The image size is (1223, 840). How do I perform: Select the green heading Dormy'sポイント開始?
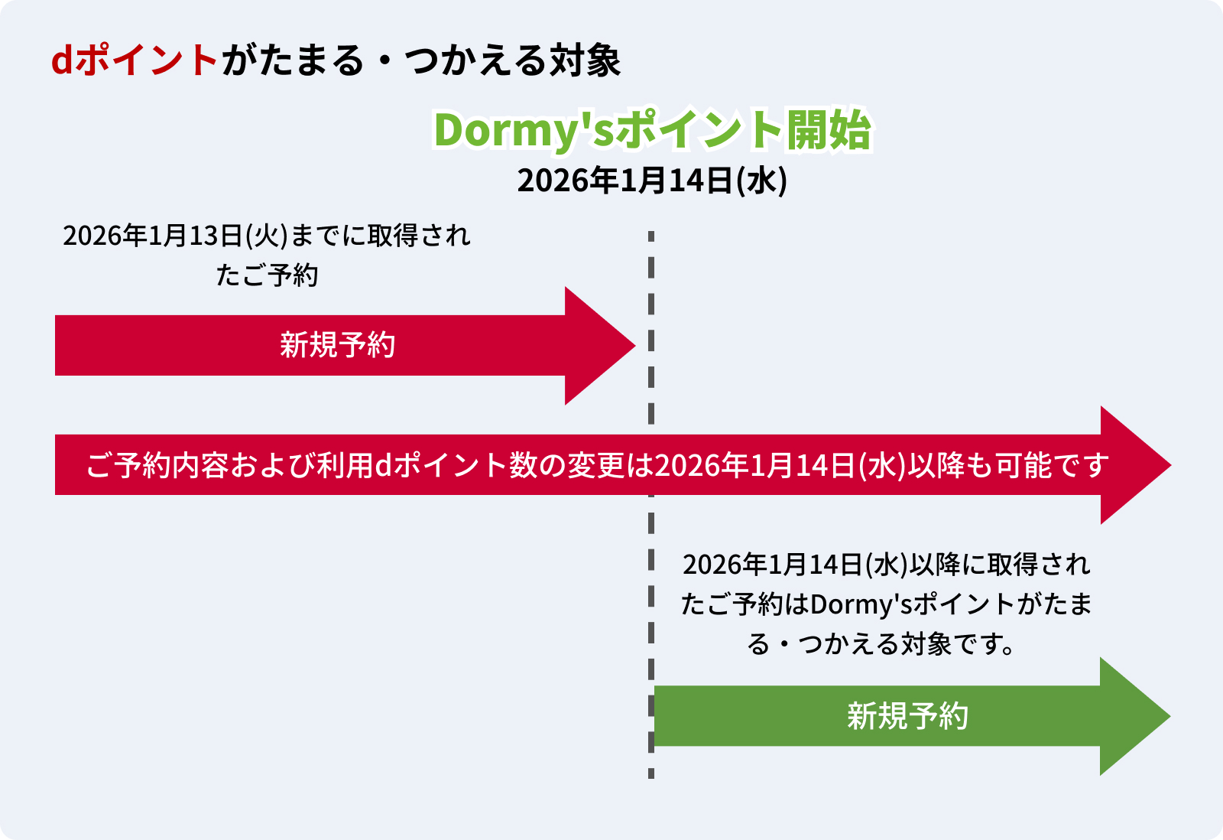[652, 130]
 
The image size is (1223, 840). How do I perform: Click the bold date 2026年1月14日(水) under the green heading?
[652, 181]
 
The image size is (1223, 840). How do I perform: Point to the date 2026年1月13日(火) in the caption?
[174, 236]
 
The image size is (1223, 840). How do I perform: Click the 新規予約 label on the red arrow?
[337, 345]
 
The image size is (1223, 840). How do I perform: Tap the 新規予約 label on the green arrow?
[907, 716]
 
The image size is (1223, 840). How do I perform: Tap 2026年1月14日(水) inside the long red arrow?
[780, 465]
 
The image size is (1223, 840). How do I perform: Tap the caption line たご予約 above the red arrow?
[267, 275]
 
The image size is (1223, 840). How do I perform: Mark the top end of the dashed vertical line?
[651, 235]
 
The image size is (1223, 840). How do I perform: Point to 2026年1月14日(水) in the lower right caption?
[794, 565]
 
